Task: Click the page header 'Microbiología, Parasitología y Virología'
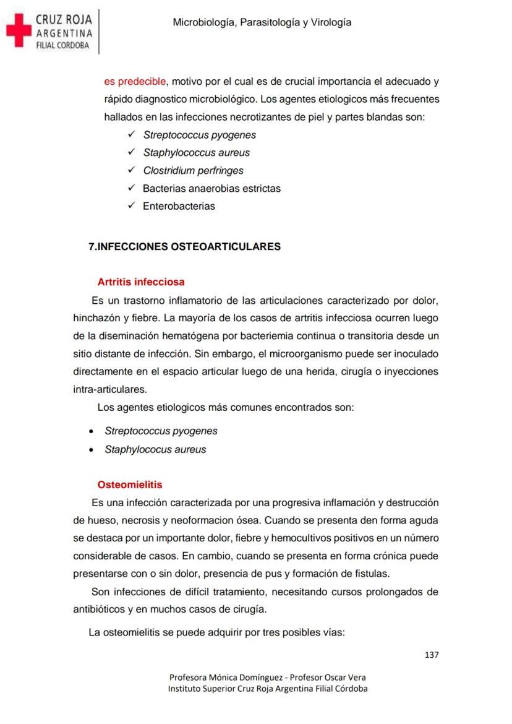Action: (262, 22)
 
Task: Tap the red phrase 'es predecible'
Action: (135, 81)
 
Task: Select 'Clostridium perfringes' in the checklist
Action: (193, 170)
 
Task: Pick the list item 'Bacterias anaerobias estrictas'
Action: (211, 188)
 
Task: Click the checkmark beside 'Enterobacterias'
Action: (131, 206)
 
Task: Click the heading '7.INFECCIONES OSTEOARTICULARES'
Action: (185, 246)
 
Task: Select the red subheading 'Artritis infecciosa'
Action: (141, 282)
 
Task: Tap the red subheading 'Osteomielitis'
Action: (130, 485)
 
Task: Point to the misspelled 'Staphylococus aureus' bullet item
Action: (155, 449)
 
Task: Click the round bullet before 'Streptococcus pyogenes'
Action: (92, 431)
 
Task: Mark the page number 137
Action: (431, 655)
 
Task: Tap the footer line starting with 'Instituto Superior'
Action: (268, 689)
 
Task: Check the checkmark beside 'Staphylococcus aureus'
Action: (131, 152)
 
